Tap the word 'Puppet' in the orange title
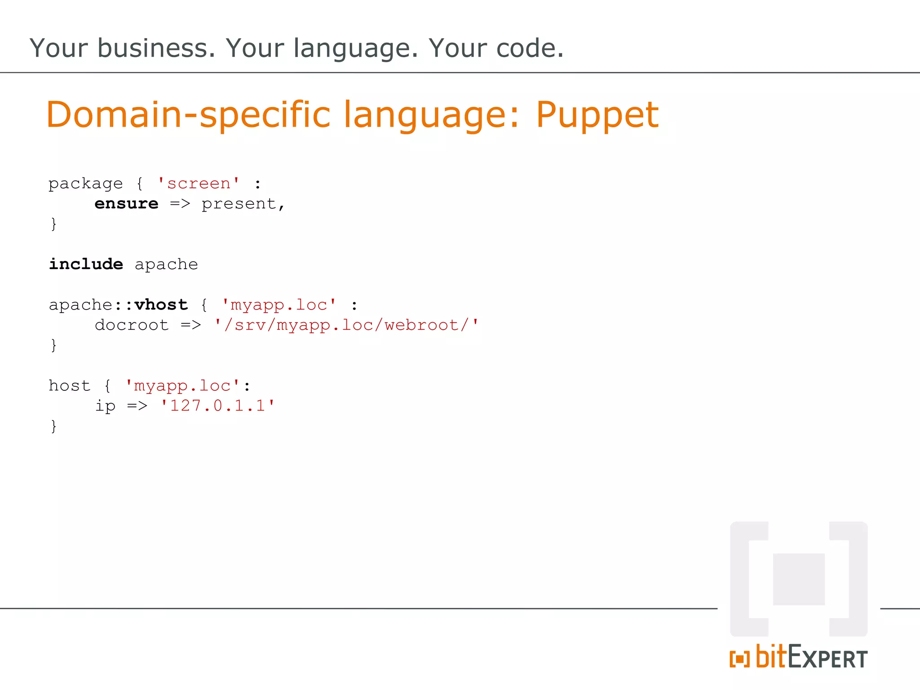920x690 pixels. (597, 115)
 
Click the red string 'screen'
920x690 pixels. (199, 184)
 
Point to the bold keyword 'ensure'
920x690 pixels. (126, 204)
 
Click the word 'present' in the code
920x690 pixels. (239, 204)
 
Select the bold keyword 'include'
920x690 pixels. (86, 264)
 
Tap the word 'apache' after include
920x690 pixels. (166, 265)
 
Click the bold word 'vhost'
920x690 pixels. (161, 305)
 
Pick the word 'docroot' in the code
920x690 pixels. (132, 325)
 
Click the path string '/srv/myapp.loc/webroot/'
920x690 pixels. (346, 325)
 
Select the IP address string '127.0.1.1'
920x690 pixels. (217, 406)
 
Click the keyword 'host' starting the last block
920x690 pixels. (69, 385)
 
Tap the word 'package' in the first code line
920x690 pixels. (85, 184)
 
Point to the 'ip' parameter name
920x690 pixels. (105, 406)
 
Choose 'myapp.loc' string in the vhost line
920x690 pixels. (279, 305)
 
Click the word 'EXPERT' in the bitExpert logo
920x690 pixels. (827, 658)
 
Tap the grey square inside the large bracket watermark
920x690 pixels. (799, 579)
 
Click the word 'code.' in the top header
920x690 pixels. (530, 48)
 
